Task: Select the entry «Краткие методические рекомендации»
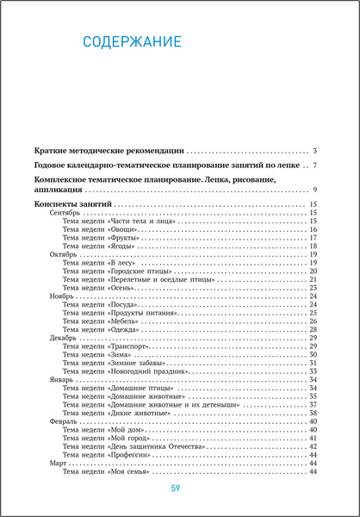109,151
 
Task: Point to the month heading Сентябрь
65,212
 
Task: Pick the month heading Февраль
65,422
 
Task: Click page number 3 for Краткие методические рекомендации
316,151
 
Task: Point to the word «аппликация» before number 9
58,189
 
